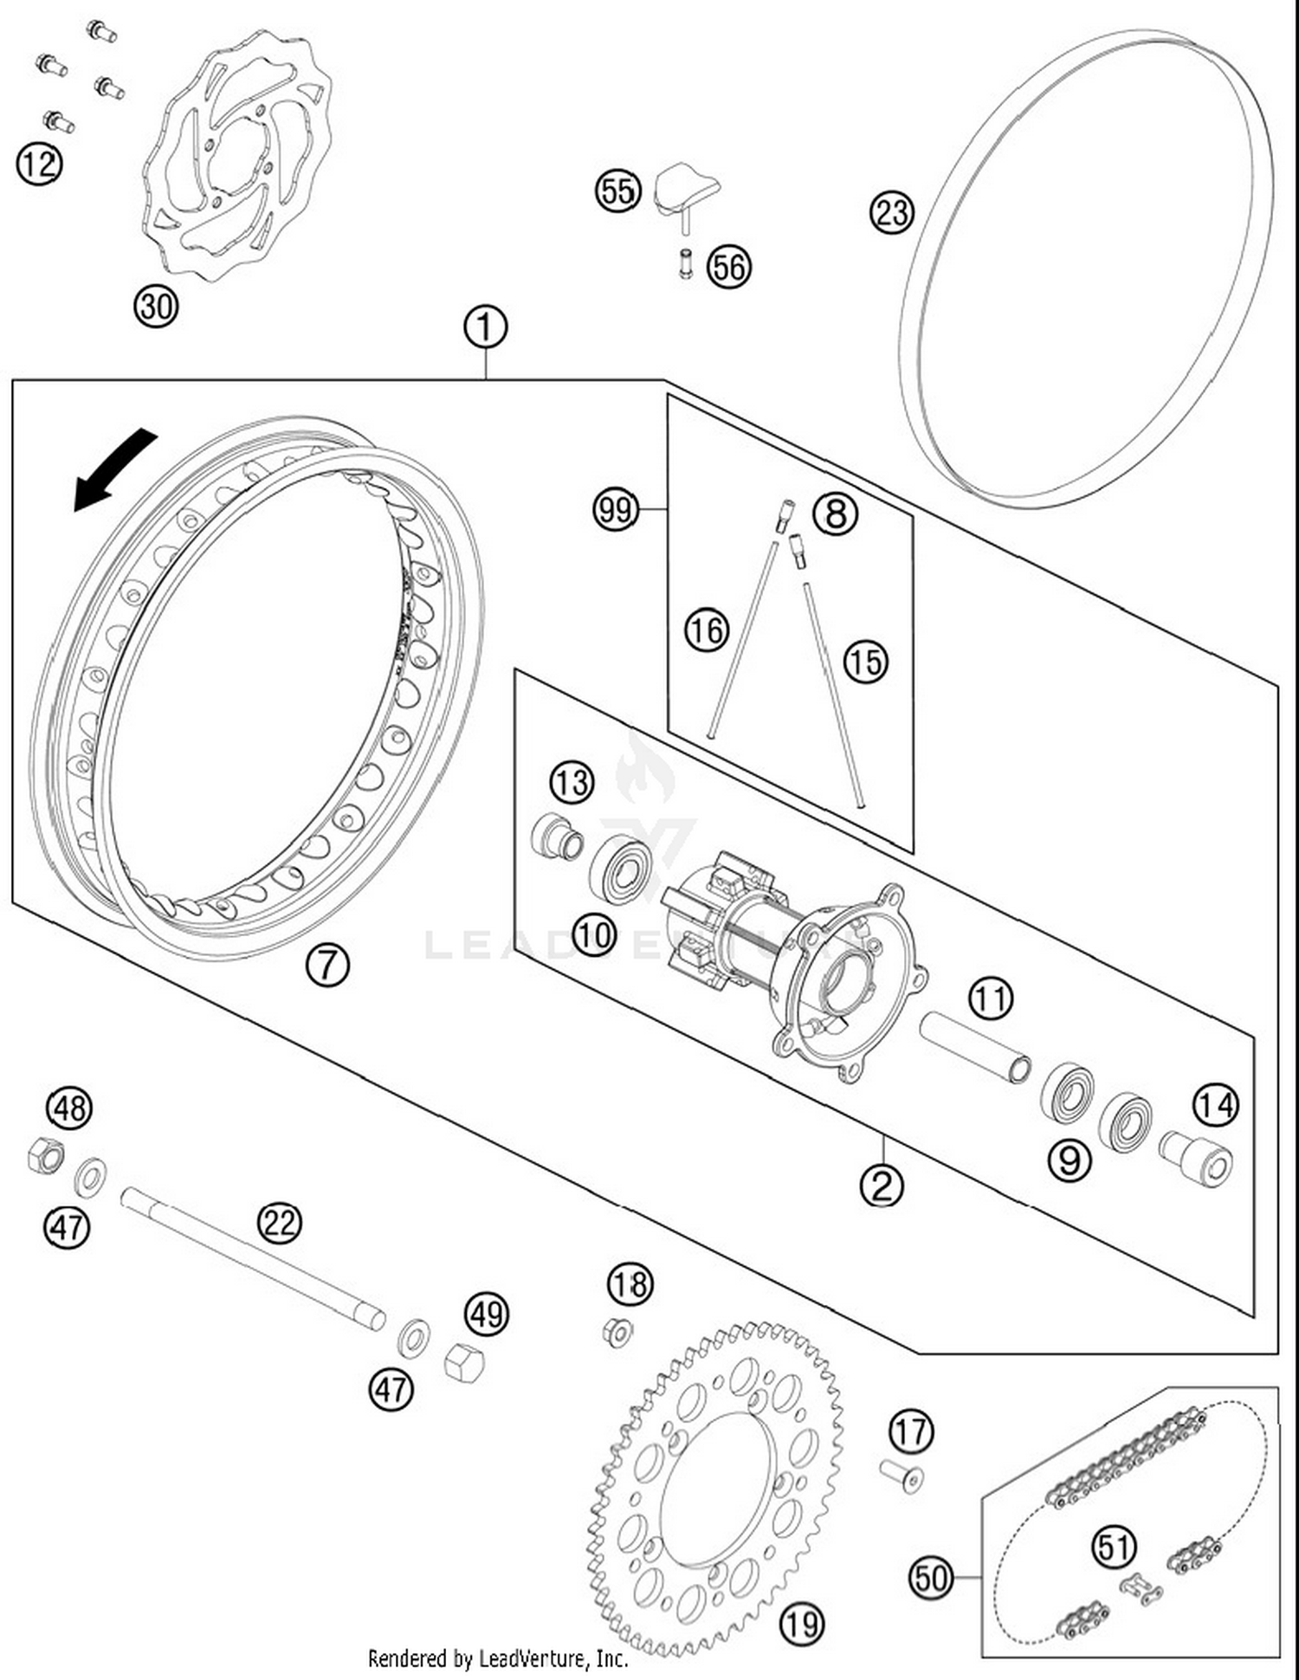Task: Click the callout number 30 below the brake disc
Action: pyautogui.click(x=157, y=306)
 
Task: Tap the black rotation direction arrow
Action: pyautogui.click(x=113, y=473)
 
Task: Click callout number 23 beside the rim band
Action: pyautogui.click(x=892, y=212)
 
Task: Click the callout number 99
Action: pyautogui.click(x=616, y=509)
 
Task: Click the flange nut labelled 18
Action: pyautogui.click(x=617, y=1331)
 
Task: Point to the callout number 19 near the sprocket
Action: pyautogui.click(x=802, y=1624)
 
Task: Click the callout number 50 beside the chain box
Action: pyautogui.click(x=931, y=1577)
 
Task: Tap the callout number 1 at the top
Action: pyautogui.click(x=486, y=327)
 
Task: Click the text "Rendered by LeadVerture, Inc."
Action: pyautogui.click(x=498, y=1658)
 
